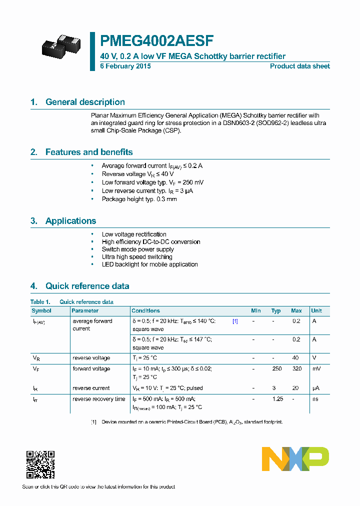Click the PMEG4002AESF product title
point(157,40)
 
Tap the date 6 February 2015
point(125,66)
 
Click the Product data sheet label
point(299,66)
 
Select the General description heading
point(85,102)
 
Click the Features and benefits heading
point(89,152)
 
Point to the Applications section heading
point(70,221)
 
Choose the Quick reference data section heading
point(87,286)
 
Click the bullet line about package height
point(139,199)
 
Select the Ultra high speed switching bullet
point(137,257)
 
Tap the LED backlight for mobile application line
point(149,264)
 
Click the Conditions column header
point(146,310)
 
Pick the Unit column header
point(316,310)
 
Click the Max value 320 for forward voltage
point(296,369)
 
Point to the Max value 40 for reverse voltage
point(295,358)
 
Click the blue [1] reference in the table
point(235,321)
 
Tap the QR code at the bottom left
point(40,464)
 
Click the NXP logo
point(295,458)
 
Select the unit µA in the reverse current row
point(315,388)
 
